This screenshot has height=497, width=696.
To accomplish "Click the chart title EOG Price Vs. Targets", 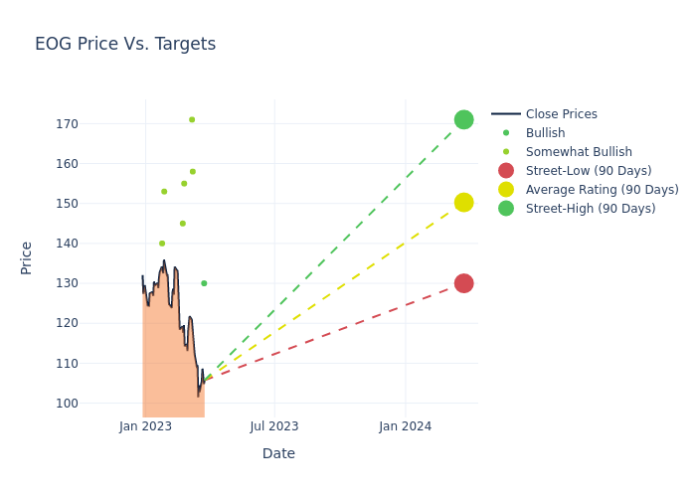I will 125,44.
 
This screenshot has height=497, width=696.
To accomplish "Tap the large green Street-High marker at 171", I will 463,120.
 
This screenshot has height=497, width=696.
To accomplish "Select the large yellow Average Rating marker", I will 463,203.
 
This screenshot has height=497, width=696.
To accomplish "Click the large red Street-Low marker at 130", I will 463,283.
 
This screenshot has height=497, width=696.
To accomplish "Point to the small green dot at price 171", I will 192,120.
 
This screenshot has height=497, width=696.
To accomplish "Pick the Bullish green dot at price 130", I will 204,283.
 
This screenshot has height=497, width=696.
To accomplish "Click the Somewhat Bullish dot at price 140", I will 162,244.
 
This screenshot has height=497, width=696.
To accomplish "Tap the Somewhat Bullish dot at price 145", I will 182,224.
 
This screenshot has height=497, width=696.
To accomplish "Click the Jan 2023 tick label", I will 145,426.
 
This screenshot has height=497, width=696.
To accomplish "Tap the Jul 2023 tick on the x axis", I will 274,426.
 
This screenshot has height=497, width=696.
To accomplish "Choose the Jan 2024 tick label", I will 406,426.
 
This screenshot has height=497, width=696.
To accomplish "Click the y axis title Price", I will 27,257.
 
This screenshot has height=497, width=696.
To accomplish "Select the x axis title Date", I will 278,453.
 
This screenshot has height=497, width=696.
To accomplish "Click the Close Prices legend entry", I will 561,114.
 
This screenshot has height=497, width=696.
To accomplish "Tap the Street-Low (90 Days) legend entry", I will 588,171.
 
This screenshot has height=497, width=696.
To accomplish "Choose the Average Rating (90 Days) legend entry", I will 602,190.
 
